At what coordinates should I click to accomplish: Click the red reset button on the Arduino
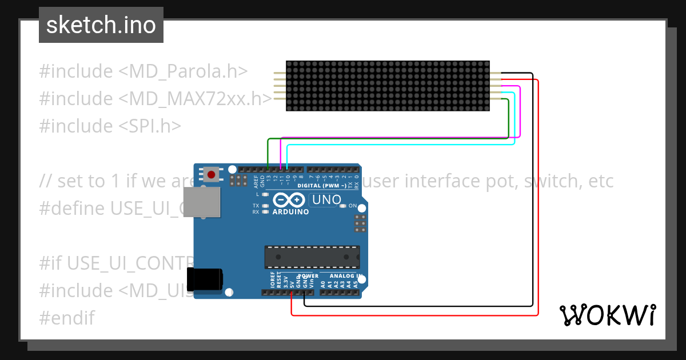pyautogui.click(x=212, y=174)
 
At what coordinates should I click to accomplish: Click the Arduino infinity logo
pyautogui.click(x=290, y=200)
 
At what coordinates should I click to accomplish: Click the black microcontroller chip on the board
pyautogui.click(x=312, y=257)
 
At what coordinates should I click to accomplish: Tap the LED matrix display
pyautogui.click(x=388, y=85)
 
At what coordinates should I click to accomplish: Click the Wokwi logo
pyautogui.click(x=608, y=315)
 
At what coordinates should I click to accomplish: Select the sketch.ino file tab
pyautogui.click(x=101, y=25)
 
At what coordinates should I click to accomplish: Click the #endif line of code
pyautogui.click(x=67, y=318)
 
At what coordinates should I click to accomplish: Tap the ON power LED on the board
pyautogui.click(x=342, y=206)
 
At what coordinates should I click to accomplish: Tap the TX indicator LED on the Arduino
pyautogui.click(x=265, y=206)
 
